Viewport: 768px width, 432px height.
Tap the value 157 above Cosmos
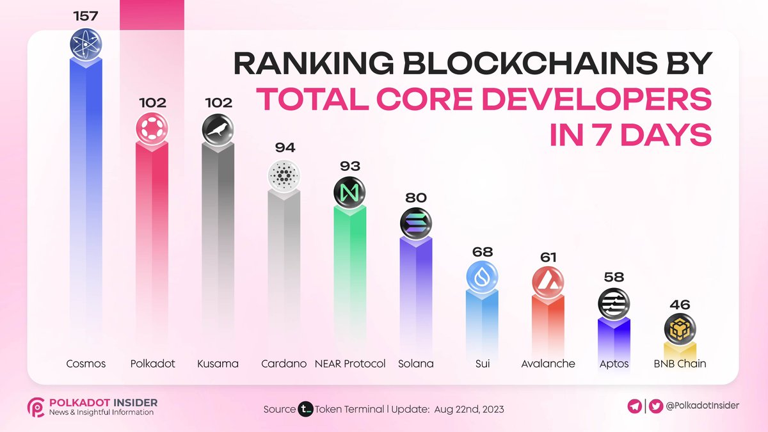(85, 15)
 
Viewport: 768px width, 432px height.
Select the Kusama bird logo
(218, 129)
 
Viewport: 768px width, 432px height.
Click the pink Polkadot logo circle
(152, 128)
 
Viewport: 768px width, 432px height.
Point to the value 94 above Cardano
(284, 147)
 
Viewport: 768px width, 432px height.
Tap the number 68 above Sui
(482, 252)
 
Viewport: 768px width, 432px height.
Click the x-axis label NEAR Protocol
(350, 364)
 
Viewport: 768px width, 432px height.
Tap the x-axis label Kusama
(218, 364)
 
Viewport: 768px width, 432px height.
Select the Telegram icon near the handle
(635, 406)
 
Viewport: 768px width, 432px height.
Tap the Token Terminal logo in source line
(305, 409)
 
